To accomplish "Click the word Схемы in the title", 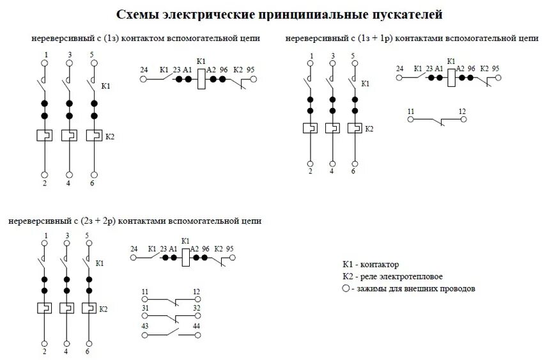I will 137,14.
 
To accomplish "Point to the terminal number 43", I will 145,326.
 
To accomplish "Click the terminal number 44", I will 197,326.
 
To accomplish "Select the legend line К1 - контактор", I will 371,265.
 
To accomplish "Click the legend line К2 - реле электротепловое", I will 392,277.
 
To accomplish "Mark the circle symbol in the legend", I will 346,288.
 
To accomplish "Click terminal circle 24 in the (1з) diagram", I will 144,79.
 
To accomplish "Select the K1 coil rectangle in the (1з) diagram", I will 200,79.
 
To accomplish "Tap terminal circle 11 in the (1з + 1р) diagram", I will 412,120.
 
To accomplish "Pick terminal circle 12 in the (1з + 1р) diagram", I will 463,120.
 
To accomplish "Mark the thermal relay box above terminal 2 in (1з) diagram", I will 45,136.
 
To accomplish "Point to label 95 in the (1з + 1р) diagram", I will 496,68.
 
